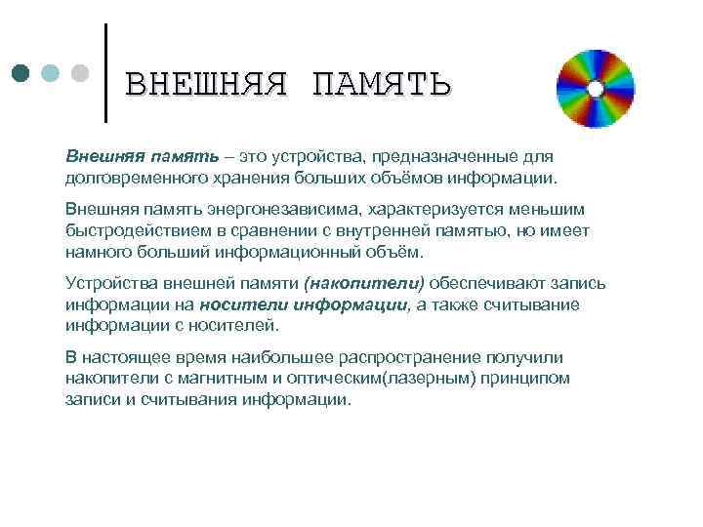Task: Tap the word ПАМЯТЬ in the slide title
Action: (x=381, y=85)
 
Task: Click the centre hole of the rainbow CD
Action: (x=595, y=89)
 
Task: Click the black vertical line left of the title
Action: (x=105, y=70)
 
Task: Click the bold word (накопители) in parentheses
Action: (x=364, y=283)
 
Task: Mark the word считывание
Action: (x=537, y=304)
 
